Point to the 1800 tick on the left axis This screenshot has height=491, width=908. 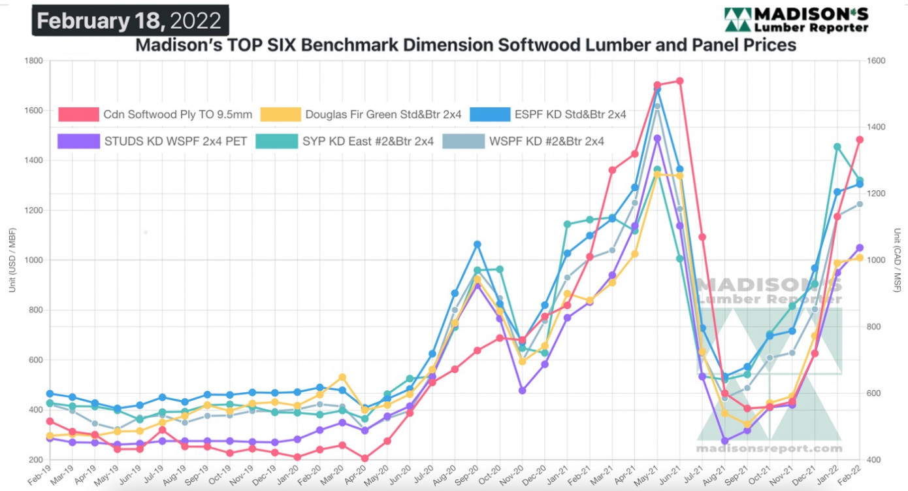pyautogui.click(x=33, y=61)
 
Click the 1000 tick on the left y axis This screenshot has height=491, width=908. pyautogui.click(x=33, y=260)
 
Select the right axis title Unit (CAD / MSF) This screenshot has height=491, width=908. pyautogui.click(x=897, y=260)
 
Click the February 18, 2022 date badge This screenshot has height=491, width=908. pyautogui.click(x=129, y=20)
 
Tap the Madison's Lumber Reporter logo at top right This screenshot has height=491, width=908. pyautogui.click(x=796, y=20)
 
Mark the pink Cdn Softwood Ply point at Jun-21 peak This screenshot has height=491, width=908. pyautogui.click(x=679, y=81)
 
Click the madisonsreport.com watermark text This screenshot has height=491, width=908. pyautogui.click(x=769, y=449)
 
